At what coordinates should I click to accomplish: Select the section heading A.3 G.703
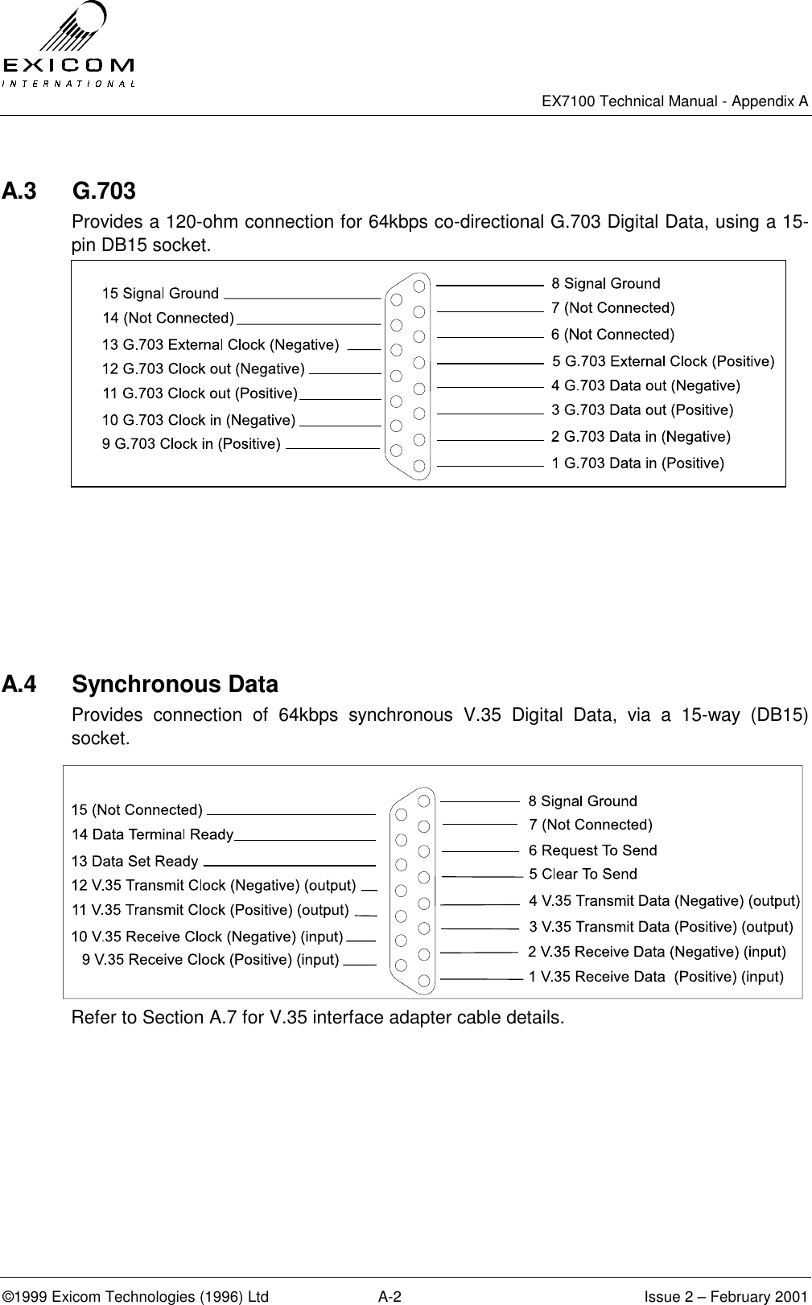[69, 191]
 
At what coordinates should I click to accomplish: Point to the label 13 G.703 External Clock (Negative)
[220, 345]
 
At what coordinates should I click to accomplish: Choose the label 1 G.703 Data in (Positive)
[637, 463]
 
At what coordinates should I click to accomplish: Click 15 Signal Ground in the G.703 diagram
[160, 294]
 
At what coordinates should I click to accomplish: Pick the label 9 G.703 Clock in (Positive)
[191, 444]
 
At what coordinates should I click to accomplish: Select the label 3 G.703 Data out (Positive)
[642, 410]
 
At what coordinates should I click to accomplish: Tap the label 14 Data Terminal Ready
[152, 834]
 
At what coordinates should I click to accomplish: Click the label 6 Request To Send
[592, 850]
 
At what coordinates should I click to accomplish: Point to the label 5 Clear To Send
[583, 874]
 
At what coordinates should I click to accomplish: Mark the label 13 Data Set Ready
[134, 862]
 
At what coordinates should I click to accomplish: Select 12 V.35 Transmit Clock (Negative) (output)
[213, 886]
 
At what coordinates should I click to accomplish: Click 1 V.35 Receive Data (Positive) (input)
[655, 977]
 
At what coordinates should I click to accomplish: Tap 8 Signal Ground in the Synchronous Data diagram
[582, 801]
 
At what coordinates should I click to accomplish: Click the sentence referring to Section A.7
[318, 1018]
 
